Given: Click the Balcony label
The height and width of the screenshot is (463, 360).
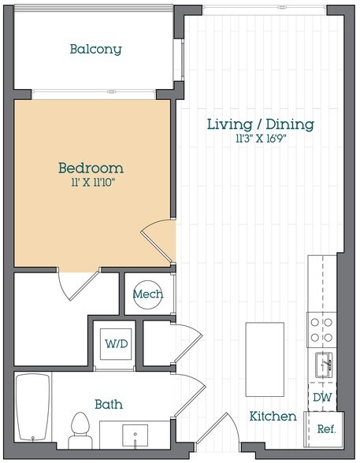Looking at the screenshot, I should (95, 50).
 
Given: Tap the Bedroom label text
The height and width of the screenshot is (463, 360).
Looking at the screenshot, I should (91, 168).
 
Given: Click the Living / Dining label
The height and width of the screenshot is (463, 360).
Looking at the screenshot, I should (260, 124).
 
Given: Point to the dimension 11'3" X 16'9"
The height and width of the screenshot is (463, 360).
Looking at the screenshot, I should (260, 139).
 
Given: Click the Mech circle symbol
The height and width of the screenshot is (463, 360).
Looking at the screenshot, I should (147, 294).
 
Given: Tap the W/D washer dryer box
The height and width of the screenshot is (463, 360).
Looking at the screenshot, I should (112, 343).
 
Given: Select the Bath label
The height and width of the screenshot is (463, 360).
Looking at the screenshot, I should (108, 404).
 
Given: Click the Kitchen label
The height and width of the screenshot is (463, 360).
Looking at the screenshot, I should (273, 417).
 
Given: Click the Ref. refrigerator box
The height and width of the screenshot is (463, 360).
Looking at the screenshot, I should (325, 429).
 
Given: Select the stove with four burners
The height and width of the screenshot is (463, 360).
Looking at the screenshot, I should (321, 330).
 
